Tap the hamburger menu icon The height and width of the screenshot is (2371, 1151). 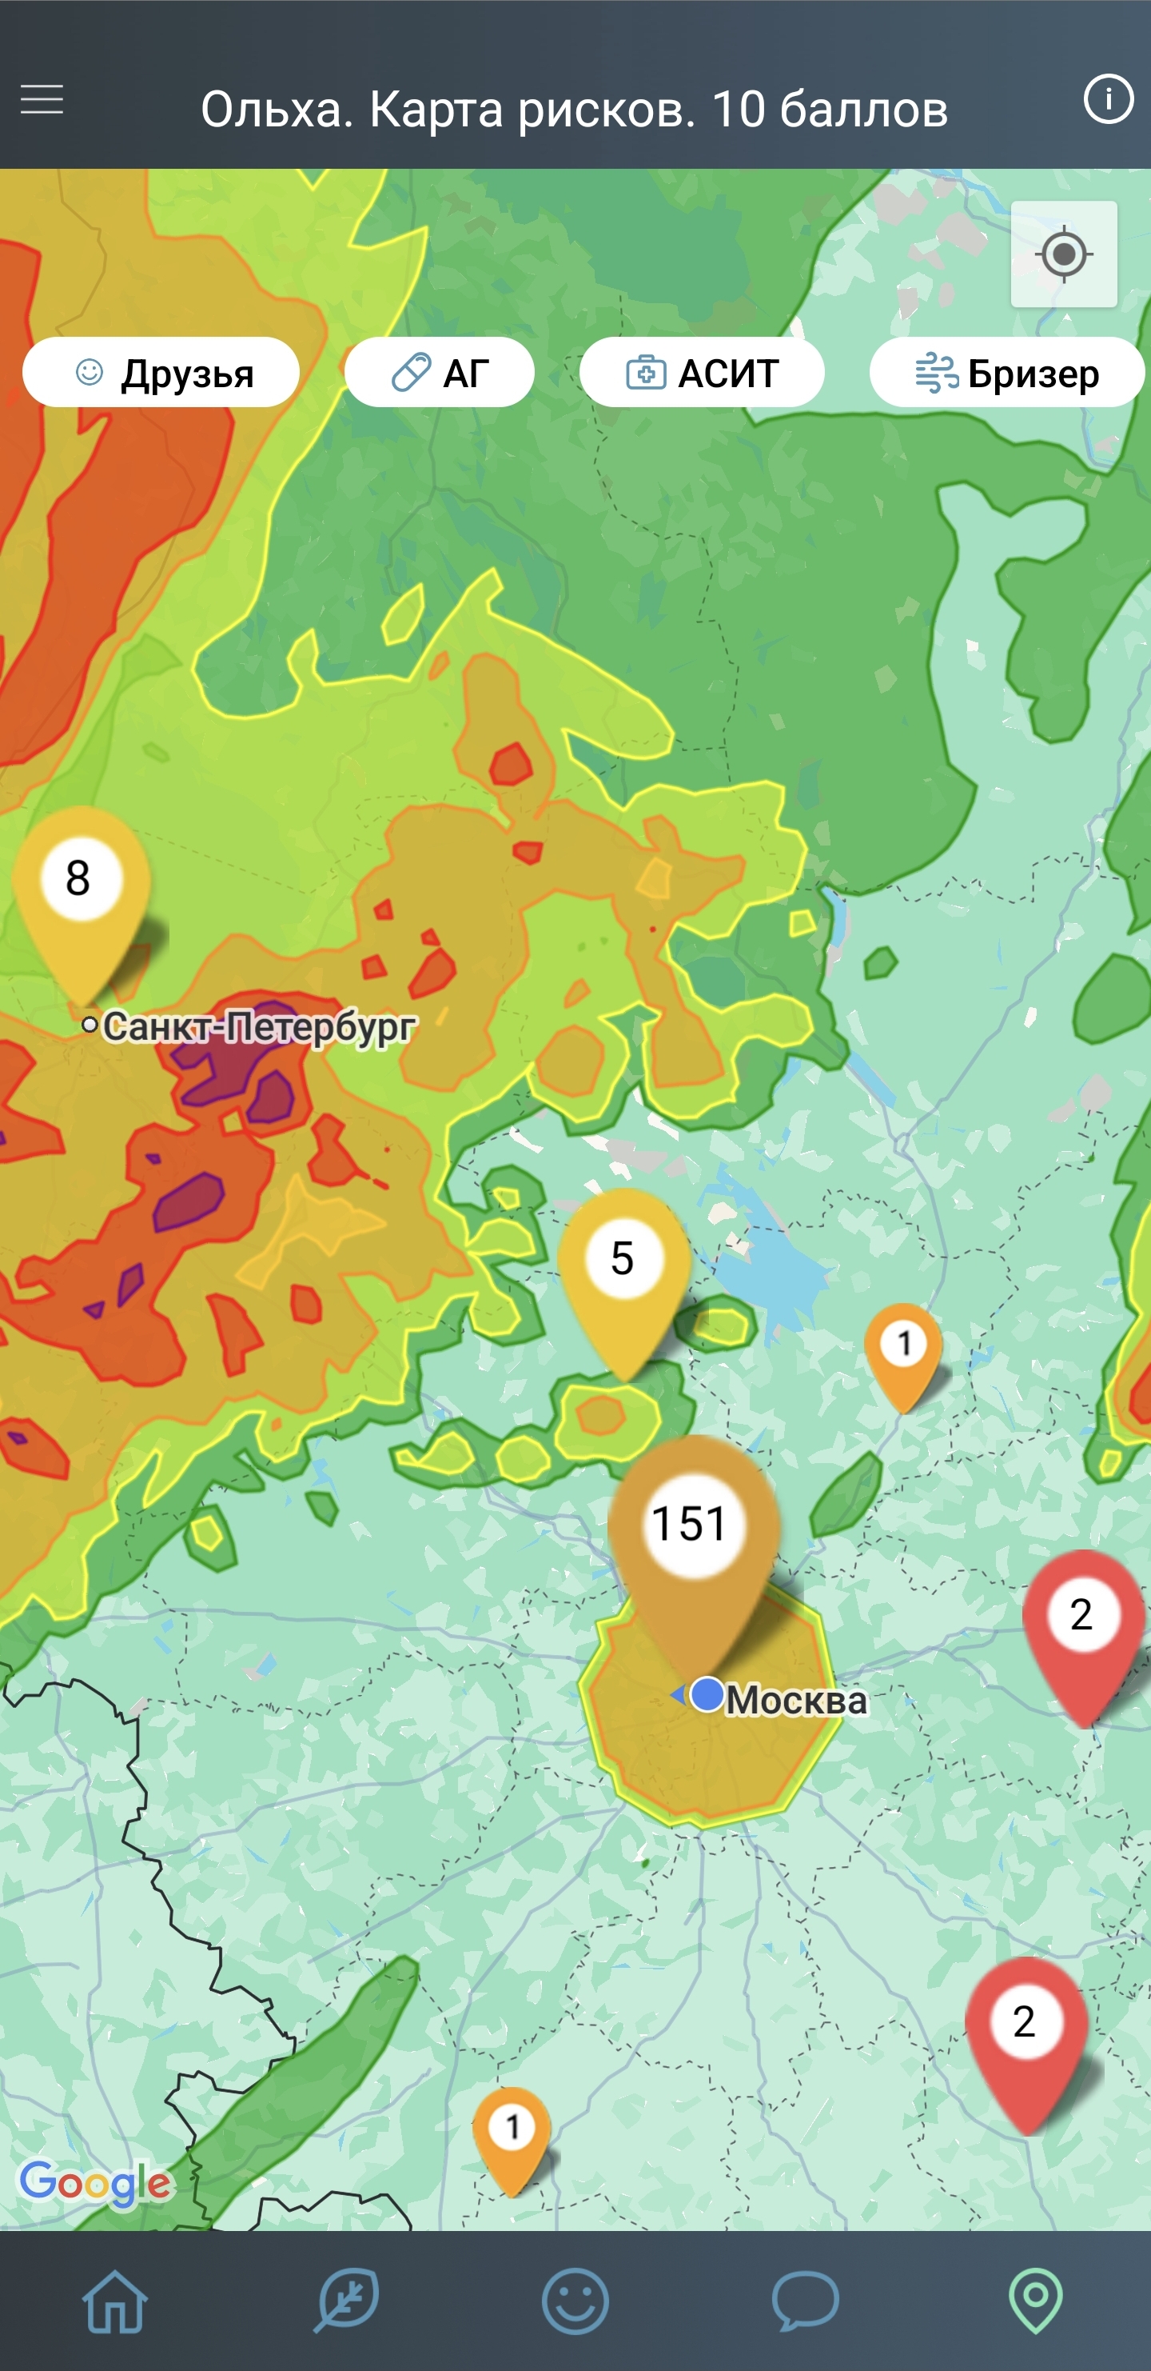(42, 99)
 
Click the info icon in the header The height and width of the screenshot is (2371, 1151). (1108, 98)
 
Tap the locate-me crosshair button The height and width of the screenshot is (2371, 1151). (1064, 254)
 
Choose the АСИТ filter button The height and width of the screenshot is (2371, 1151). (701, 373)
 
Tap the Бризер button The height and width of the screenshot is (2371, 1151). (1006, 373)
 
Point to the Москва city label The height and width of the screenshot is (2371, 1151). (796, 1700)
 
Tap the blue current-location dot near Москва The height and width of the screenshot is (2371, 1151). (707, 1693)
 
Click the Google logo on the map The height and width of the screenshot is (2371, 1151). (96, 2183)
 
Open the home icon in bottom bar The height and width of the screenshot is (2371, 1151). (115, 2301)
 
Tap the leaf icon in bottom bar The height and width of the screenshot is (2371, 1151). (346, 2301)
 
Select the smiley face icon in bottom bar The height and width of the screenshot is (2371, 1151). (575, 2301)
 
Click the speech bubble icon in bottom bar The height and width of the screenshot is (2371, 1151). (805, 2301)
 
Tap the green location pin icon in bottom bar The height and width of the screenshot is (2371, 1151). (1035, 2301)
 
